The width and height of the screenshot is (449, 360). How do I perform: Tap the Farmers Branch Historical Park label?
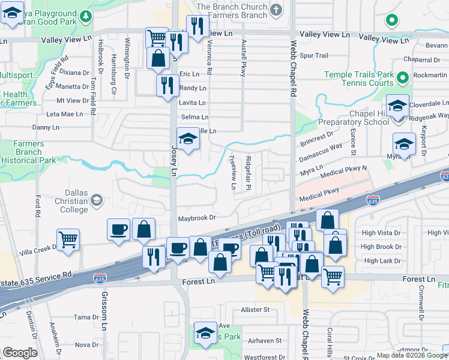(x=28, y=152)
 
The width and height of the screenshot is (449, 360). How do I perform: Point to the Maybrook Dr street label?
(x=196, y=218)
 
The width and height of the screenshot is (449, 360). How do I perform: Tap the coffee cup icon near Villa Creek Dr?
(x=118, y=230)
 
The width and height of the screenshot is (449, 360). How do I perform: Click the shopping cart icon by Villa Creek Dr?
(x=68, y=239)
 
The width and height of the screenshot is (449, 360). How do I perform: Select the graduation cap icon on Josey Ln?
(x=188, y=140)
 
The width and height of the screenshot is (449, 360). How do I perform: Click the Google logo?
(x=20, y=352)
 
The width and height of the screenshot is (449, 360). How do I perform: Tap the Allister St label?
(x=256, y=310)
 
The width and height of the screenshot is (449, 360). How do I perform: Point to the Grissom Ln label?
(x=103, y=313)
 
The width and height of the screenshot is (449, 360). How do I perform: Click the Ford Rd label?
(x=37, y=206)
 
